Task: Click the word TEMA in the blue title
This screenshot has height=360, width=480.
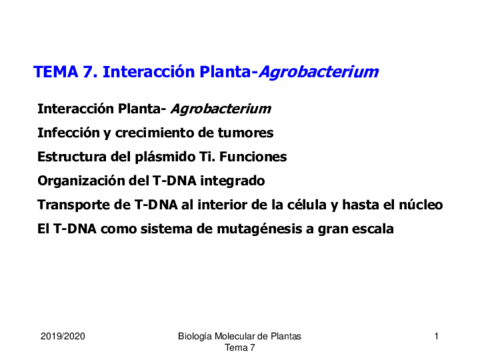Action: click(56, 72)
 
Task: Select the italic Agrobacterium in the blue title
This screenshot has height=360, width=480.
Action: click(318, 72)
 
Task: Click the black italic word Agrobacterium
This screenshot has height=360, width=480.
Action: click(221, 109)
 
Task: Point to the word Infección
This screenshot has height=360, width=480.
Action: click(69, 133)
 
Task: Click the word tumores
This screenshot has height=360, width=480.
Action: click(246, 133)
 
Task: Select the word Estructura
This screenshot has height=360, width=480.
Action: click(72, 157)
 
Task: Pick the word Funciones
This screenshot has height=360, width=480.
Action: click(253, 157)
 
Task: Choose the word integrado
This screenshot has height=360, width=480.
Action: click(232, 181)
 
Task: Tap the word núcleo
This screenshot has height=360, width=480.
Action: click(421, 205)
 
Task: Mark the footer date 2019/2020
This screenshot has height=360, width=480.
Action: click(63, 336)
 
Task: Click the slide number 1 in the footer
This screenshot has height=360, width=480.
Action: click(436, 336)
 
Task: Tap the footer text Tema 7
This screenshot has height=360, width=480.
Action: click(240, 348)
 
